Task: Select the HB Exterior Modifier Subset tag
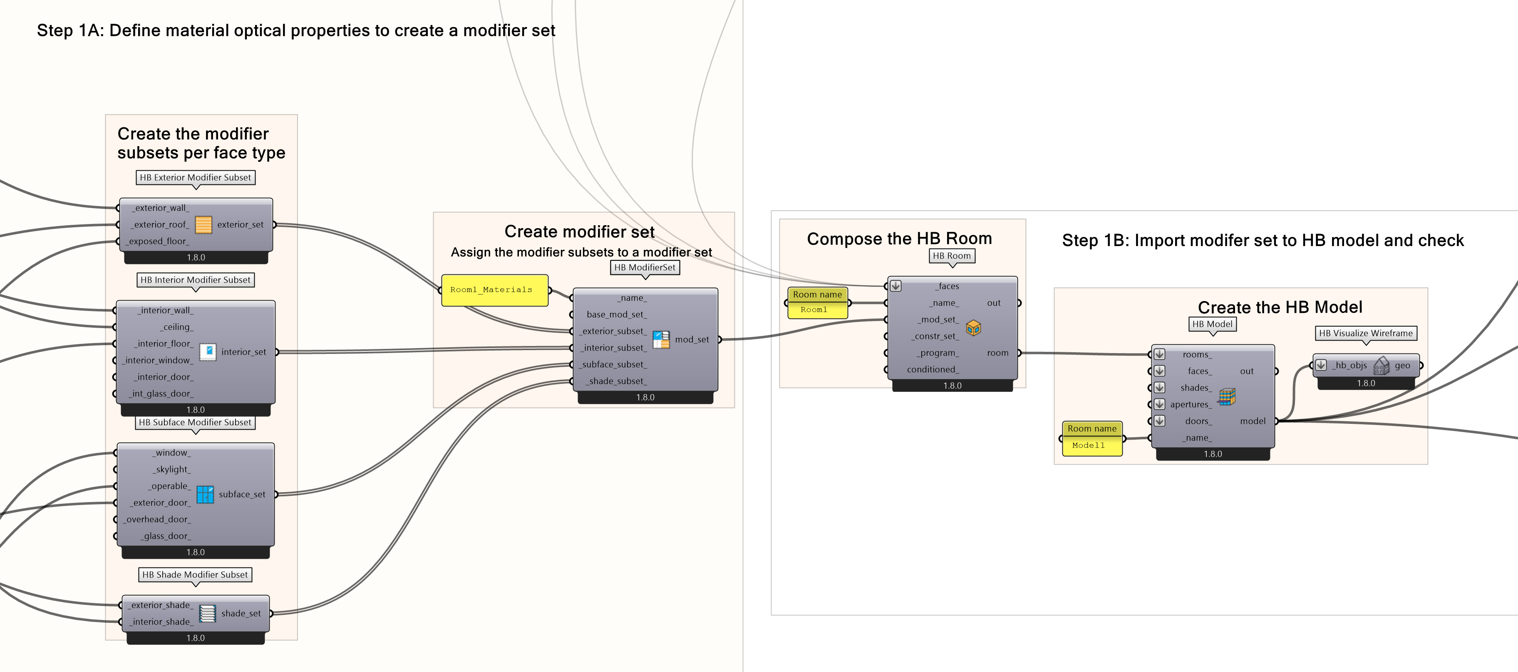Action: pos(195,177)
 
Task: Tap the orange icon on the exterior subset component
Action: pos(203,224)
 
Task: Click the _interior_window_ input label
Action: pos(158,360)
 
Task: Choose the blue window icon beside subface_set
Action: pos(204,494)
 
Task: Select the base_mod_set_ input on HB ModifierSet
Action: pos(616,314)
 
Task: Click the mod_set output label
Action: pos(692,339)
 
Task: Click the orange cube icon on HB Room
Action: pos(973,328)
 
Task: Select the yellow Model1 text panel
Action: pos(1090,446)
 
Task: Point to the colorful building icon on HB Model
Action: pos(1227,396)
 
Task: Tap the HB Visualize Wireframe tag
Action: pos(1365,333)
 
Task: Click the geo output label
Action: pos(1402,366)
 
